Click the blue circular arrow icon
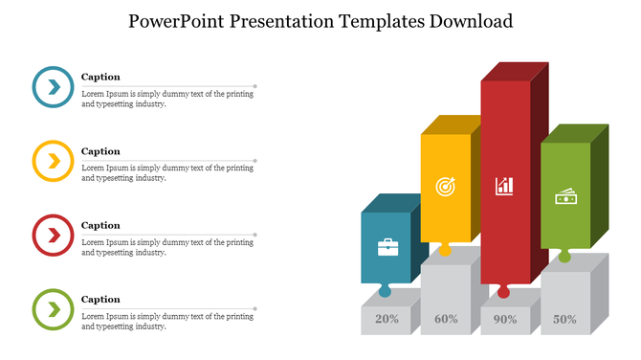pyautogui.click(x=53, y=87)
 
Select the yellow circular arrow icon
pyautogui.click(x=53, y=161)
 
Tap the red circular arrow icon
pyautogui.click(x=53, y=235)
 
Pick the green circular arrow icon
pyautogui.click(x=53, y=308)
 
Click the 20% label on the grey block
pyautogui.click(x=387, y=320)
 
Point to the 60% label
pyautogui.click(x=446, y=320)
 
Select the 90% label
pyautogui.click(x=505, y=320)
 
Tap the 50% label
pyautogui.click(x=564, y=320)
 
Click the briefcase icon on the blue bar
pyautogui.click(x=387, y=248)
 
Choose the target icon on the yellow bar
pyautogui.click(x=445, y=186)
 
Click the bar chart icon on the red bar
pyautogui.click(x=504, y=186)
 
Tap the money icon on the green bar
pyautogui.click(x=564, y=195)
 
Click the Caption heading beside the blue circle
pyautogui.click(x=100, y=77)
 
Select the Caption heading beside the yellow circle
pyautogui.click(x=100, y=151)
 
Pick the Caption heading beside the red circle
pyautogui.click(x=100, y=226)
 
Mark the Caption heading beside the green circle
pyautogui.click(x=100, y=300)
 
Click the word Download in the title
pyautogui.click(x=465, y=21)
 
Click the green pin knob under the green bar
pyautogui.click(x=564, y=256)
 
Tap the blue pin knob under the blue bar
pyautogui.click(x=385, y=291)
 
